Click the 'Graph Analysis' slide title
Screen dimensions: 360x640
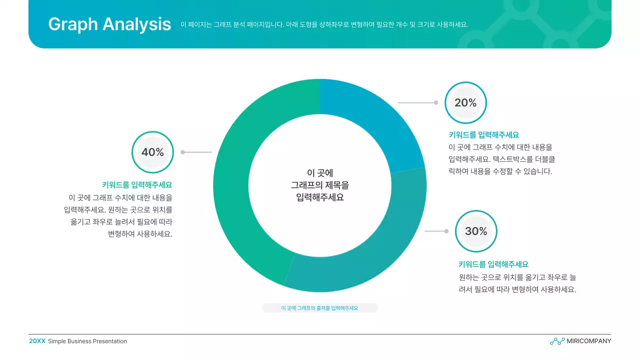point(109,24)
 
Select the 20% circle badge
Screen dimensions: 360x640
point(465,102)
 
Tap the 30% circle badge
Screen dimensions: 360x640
point(476,231)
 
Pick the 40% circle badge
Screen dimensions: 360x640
point(152,152)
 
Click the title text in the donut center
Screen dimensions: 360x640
point(320,185)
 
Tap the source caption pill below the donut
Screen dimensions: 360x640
point(320,308)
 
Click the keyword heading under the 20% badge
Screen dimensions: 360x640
point(484,135)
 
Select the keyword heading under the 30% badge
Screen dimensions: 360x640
point(493,264)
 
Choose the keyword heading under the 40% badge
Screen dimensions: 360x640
point(137,185)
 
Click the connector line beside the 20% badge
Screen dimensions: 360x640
point(417,102)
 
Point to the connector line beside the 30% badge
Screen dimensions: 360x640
point(436,231)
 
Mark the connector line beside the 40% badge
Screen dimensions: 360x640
point(197,152)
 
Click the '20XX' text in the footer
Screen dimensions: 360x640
point(37,341)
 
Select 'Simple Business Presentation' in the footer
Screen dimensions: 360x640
point(87,341)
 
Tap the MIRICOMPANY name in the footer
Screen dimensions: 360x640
point(588,341)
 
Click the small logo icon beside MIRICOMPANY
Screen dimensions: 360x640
point(557,341)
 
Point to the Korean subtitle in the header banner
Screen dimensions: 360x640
point(324,24)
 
